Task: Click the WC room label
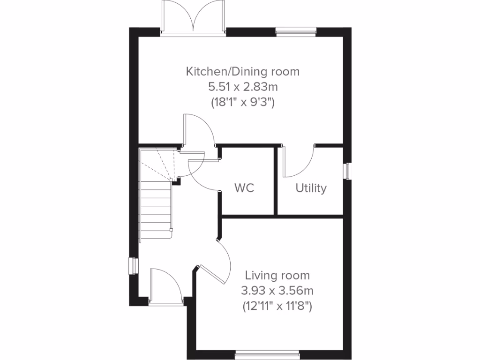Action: click(244, 188)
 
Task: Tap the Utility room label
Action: click(311, 188)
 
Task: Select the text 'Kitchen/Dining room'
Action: click(243, 72)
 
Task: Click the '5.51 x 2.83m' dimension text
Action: click(243, 87)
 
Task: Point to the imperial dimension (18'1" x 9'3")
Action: click(243, 102)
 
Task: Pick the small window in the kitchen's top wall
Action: click(296, 32)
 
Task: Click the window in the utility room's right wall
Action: click(347, 171)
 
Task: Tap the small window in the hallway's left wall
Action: click(133, 265)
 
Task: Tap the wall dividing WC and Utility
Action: click(276, 180)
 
